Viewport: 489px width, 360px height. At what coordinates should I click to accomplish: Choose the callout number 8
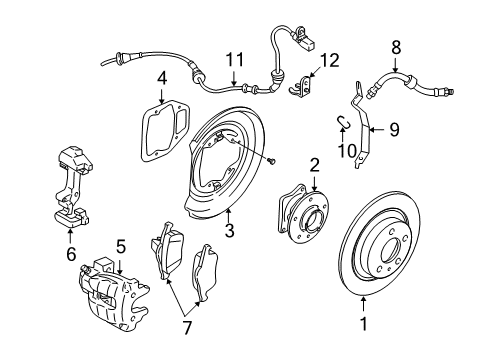click(x=396, y=46)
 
